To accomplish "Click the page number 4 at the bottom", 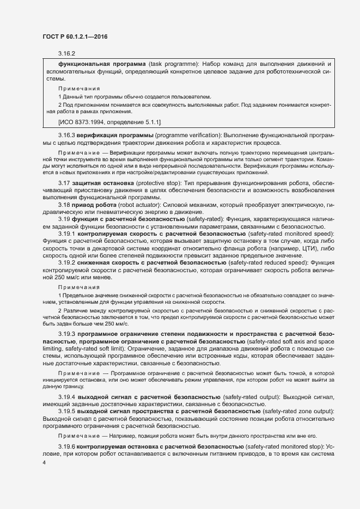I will point(44,462).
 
